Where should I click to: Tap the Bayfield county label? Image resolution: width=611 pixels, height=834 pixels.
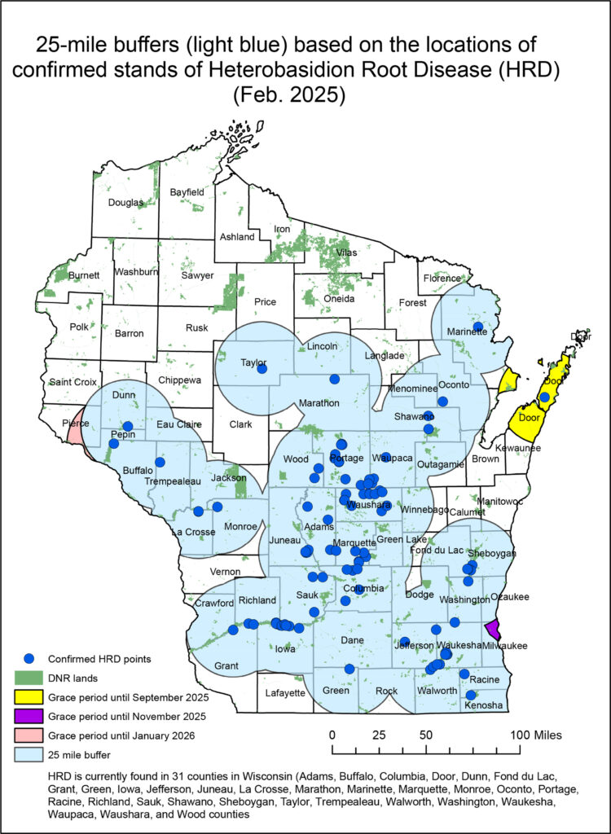pos(187,192)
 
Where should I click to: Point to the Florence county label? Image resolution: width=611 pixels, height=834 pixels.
pos(442,279)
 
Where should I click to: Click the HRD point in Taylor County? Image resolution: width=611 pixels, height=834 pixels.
pos(262,369)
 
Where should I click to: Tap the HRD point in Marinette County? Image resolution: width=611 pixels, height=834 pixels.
pos(477,327)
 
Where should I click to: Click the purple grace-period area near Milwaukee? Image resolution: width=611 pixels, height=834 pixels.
pos(492,630)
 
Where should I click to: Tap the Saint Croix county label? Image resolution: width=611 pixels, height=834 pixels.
pos(73,381)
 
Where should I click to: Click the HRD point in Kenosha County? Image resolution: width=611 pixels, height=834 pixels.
pos(471,695)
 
